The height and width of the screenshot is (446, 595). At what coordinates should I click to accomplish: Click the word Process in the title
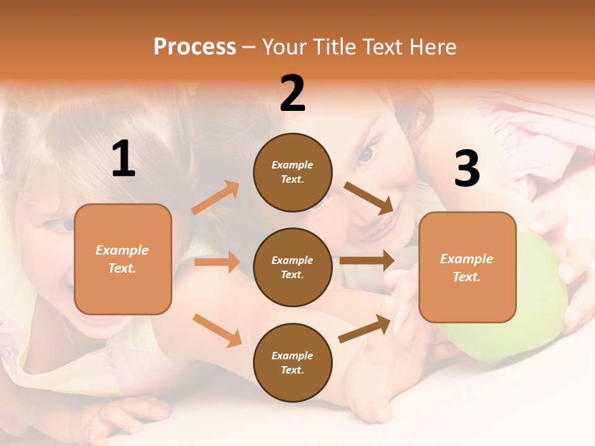(x=195, y=47)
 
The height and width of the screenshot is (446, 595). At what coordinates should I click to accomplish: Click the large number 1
(x=123, y=159)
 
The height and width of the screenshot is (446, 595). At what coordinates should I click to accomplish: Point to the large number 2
(x=293, y=94)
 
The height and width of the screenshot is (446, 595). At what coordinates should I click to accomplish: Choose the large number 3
(x=467, y=169)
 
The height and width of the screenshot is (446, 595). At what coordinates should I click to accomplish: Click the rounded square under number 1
(x=123, y=259)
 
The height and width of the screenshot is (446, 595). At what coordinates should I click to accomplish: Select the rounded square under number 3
(x=467, y=268)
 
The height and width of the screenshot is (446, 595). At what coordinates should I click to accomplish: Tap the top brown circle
(x=293, y=172)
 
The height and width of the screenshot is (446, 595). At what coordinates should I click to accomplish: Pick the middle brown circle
(x=293, y=268)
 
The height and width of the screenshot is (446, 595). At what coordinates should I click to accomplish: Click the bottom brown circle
(x=293, y=363)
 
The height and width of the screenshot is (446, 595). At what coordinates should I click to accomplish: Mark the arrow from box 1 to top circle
(x=216, y=198)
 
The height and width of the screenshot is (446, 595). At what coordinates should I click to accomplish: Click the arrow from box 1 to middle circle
(x=217, y=262)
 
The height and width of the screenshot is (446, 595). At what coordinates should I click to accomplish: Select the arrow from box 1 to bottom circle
(x=217, y=330)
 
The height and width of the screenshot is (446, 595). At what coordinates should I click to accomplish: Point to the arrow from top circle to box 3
(x=369, y=198)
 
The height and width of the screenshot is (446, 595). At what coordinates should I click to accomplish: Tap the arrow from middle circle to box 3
(x=367, y=260)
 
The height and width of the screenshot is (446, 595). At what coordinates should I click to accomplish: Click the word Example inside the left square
(x=122, y=250)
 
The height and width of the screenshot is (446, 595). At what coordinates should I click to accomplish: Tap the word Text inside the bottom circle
(x=291, y=370)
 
